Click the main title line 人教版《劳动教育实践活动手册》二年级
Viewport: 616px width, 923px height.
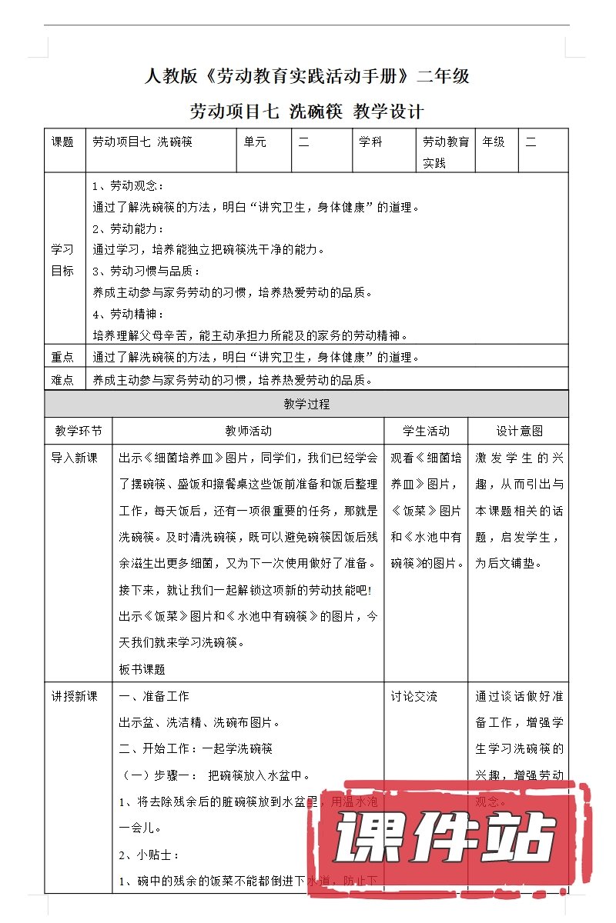(x=307, y=77)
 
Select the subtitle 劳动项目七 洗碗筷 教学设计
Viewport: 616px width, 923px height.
(x=307, y=112)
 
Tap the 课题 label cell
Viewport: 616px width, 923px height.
(x=63, y=142)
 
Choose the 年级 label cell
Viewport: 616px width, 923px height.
(x=494, y=142)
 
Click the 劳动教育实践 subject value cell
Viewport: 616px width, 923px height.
(x=446, y=152)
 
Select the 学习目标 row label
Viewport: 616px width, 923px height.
(x=63, y=260)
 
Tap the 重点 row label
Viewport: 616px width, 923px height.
(x=63, y=358)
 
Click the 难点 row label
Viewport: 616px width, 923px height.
(x=63, y=380)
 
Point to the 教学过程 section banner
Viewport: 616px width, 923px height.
(x=307, y=405)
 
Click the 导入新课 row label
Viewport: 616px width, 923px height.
(x=74, y=458)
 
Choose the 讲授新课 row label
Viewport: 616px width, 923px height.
(x=74, y=697)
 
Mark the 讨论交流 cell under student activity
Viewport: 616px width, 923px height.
(x=413, y=697)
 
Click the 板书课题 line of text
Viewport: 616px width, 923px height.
(x=142, y=670)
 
